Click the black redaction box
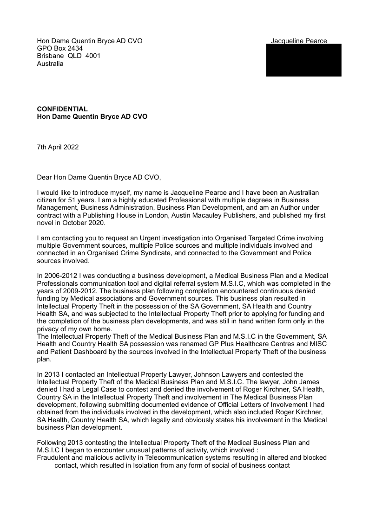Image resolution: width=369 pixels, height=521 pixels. [303, 60]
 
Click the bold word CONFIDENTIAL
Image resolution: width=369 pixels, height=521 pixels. [62, 109]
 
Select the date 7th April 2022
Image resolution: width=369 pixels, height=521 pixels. [58, 147]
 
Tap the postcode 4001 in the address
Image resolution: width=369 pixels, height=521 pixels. [93, 56]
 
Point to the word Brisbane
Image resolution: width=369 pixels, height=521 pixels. [49, 56]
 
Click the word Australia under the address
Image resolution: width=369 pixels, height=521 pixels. [50, 64]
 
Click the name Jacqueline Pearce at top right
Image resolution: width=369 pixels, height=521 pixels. [299, 41]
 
